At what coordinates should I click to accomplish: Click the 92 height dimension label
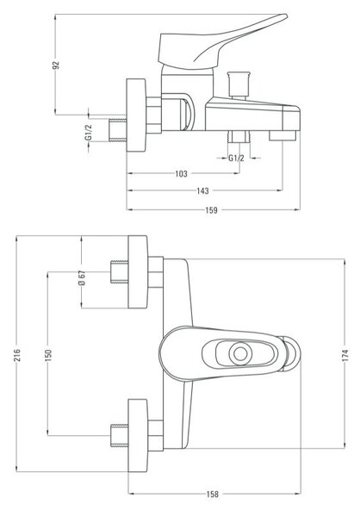(57, 65)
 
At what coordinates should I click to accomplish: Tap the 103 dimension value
(181, 173)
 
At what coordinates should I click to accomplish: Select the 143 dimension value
(202, 190)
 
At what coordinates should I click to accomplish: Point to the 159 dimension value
(211, 210)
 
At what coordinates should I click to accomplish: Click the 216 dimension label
(17, 355)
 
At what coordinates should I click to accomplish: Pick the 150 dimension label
(48, 355)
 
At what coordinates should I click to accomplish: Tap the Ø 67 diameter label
(82, 278)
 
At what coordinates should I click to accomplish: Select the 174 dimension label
(345, 356)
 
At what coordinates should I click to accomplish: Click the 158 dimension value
(213, 495)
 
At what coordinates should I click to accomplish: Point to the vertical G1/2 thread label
(89, 132)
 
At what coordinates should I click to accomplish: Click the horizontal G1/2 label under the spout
(236, 159)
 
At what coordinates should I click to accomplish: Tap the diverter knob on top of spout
(239, 84)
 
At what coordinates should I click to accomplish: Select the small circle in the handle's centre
(240, 353)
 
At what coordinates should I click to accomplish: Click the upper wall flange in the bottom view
(138, 272)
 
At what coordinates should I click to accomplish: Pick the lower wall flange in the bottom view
(138, 435)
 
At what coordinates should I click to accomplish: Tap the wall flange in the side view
(136, 115)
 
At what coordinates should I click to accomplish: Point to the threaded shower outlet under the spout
(239, 136)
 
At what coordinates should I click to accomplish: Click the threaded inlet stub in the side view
(118, 130)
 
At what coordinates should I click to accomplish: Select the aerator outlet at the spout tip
(282, 135)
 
